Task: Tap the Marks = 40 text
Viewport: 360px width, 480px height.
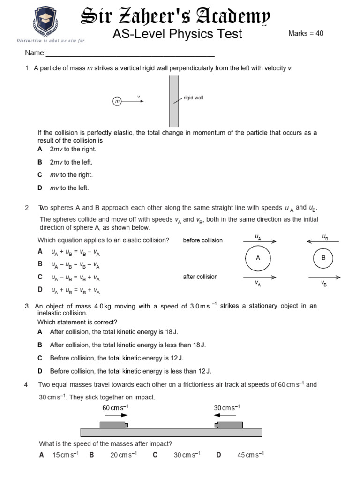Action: pyautogui.click(x=306, y=34)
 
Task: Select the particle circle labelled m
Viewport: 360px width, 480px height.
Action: pyautogui.click(x=117, y=101)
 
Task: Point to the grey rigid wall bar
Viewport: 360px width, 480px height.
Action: pyautogui.click(x=174, y=101)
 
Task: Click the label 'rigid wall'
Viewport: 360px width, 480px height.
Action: pyautogui.click(x=193, y=98)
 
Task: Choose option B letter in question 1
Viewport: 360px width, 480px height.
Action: pyautogui.click(x=40, y=162)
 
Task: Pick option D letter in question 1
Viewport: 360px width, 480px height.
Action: pyautogui.click(x=40, y=188)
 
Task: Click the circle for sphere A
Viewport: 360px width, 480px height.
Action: pyautogui.click(x=258, y=258)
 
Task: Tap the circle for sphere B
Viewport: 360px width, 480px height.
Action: pyautogui.click(x=323, y=258)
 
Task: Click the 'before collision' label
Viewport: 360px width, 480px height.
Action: pyautogui.click(x=203, y=240)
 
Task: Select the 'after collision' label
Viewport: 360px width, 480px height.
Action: pyautogui.click(x=200, y=277)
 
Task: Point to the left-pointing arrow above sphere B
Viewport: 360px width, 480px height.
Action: pyautogui.click(x=323, y=242)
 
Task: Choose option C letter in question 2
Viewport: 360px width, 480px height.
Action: pyautogui.click(x=40, y=277)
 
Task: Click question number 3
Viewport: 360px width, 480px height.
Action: pyautogui.click(x=27, y=306)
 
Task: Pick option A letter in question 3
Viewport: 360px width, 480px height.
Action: pyautogui.click(x=40, y=332)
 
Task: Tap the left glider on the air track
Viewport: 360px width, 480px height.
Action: pyautogui.click(x=114, y=425)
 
